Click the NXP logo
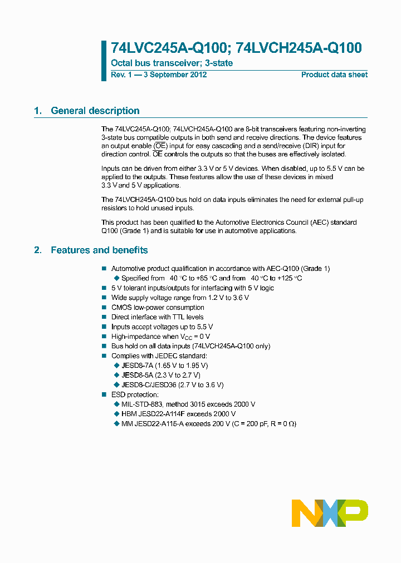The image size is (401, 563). [330, 512]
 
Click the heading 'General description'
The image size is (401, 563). [95, 111]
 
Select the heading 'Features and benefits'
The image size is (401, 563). [99, 250]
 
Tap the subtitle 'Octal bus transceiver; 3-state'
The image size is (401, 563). [172, 63]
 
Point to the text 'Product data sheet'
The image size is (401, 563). [334, 75]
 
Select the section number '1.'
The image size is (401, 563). [38, 111]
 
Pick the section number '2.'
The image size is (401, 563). [38, 250]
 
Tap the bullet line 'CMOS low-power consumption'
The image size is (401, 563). [158, 308]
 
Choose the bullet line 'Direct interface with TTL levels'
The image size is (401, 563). [157, 317]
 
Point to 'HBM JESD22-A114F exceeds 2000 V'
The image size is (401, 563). [178, 414]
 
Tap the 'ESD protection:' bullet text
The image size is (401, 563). [135, 394]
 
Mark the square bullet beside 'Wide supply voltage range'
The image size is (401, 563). [104, 298]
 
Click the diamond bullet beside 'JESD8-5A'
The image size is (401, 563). [116, 376]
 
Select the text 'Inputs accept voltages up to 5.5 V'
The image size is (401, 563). [162, 327]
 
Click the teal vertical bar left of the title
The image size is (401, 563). [104, 61]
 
